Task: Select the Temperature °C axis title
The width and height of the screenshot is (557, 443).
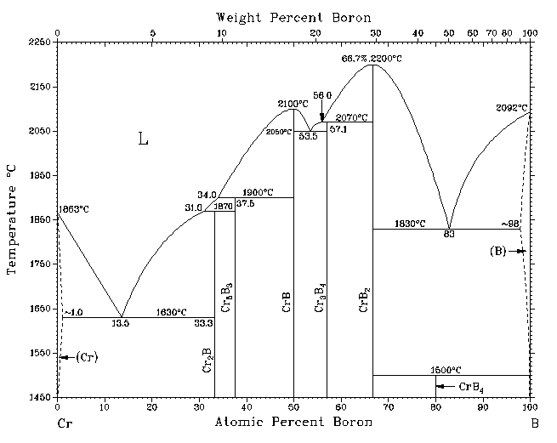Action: coord(12,220)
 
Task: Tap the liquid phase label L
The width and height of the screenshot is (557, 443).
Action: coord(143,140)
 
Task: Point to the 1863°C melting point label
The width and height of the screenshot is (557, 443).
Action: coord(73,208)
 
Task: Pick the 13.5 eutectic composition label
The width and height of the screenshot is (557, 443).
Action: coord(121,324)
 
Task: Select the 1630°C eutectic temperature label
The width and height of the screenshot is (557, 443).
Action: coord(172,312)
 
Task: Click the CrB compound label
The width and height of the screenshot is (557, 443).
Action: coord(287,302)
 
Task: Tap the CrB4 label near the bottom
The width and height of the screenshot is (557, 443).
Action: coord(472,387)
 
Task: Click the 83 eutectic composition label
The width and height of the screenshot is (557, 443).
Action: coord(448,234)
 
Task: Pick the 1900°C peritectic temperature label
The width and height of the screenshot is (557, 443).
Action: coord(261,192)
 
